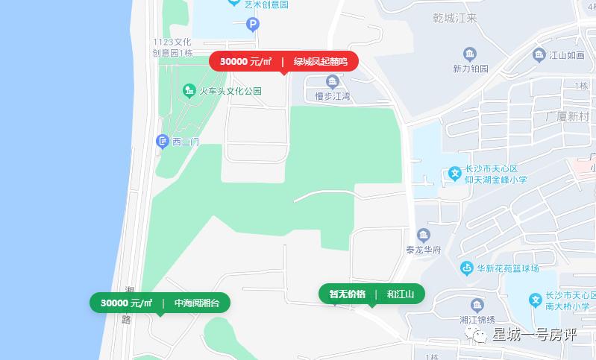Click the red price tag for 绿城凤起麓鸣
[x=283, y=61]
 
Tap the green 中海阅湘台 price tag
[x=160, y=303]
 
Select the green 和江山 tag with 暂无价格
[x=371, y=294]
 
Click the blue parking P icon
[x=253, y=25]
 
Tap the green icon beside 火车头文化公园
[x=189, y=91]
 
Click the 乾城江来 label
[x=454, y=18]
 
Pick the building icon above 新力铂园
[x=470, y=54]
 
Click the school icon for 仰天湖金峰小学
[x=454, y=174]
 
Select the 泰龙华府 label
[x=424, y=250]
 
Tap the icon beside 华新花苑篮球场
[x=467, y=268]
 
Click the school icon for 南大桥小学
[x=535, y=300]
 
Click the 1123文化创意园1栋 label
[x=172, y=47]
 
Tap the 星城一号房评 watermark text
[x=534, y=335]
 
